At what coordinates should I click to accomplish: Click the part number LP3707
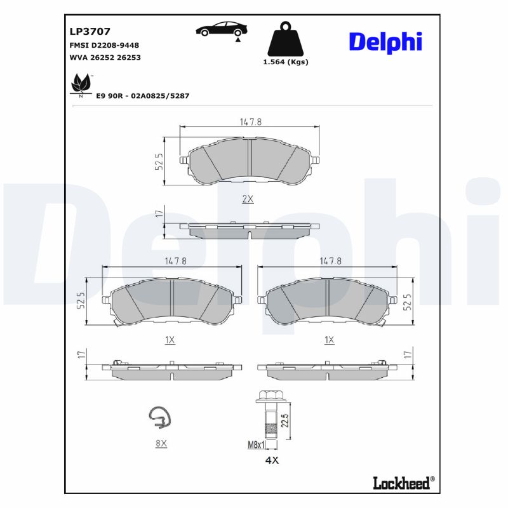[90, 31]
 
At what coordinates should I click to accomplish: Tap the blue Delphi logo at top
[385, 42]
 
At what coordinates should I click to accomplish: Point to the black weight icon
[285, 39]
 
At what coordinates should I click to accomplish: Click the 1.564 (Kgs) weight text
[285, 62]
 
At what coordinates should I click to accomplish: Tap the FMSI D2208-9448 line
[104, 45]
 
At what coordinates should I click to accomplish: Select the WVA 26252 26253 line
[104, 57]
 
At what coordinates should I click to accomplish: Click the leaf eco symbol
[80, 84]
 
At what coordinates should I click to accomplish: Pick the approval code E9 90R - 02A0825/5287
[143, 95]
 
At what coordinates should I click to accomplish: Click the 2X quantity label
[248, 199]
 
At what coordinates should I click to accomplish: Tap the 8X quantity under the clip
[161, 444]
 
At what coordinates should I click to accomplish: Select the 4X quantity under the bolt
[271, 460]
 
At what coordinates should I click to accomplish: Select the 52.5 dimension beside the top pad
[159, 161]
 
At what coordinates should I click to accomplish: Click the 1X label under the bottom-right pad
[329, 340]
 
